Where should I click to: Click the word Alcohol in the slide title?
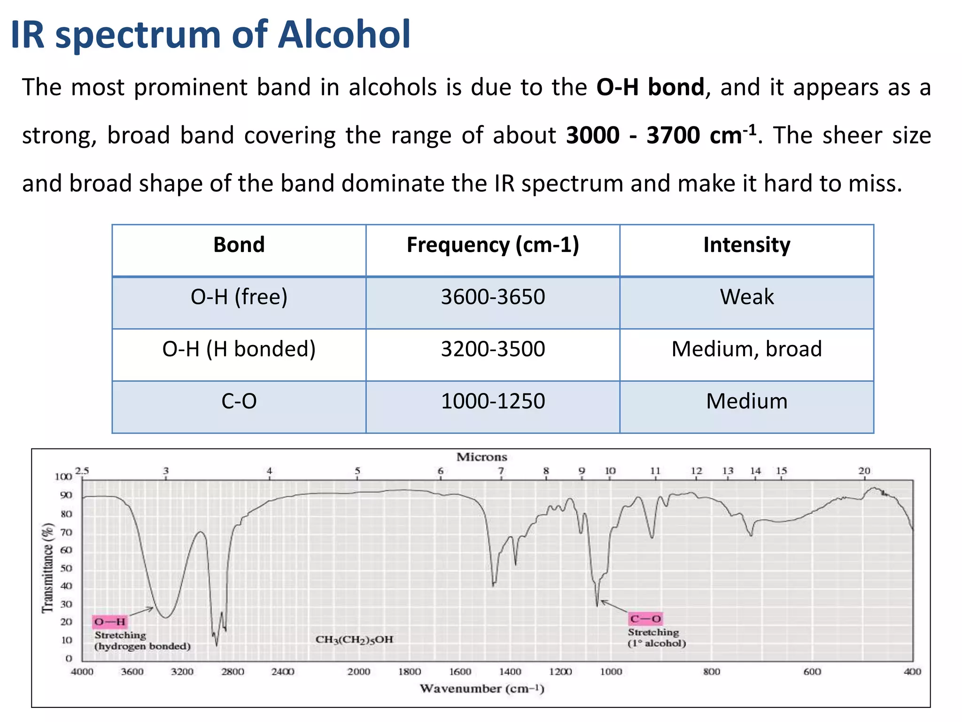[x=344, y=35]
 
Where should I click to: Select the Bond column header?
[x=239, y=245]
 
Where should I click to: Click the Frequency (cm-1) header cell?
[x=493, y=245]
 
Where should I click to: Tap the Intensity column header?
[x=746, y=245]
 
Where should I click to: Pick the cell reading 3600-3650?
[x=493, y=297]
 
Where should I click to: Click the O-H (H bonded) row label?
[x=239, y=349]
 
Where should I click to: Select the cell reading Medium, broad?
[x=746, y=349]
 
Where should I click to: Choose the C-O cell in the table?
[x=239, y=401]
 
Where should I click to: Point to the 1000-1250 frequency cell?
[x=493, y=401]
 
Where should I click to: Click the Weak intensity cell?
[x=746, y=297]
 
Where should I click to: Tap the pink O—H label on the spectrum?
[x=110, y=622]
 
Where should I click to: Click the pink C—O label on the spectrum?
[x=645, y=619]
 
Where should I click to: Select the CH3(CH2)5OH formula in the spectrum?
[x=354, y=640]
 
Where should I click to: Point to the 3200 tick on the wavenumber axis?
[x=182, y=672]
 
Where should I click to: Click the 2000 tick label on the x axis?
[x=359, y=672]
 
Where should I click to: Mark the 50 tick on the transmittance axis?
[x=66, y=568]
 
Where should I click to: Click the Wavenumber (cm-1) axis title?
[x=481, y=689]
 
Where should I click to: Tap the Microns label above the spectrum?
[x=481, y=457]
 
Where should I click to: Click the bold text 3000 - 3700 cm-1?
[x=661, y=135]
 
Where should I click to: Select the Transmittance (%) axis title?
[x=47, y=568]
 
